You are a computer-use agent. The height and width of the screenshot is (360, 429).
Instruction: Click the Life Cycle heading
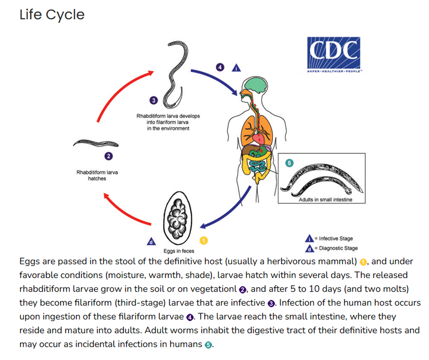coord(52,15)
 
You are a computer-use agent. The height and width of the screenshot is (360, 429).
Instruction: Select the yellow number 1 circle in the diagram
coord(203,240)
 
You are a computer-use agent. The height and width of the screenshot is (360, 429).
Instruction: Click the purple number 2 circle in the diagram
coord(108,156)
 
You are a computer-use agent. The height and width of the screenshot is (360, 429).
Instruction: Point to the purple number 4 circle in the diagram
coord(220,67)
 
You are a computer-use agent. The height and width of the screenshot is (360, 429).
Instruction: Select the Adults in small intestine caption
coord(325,199)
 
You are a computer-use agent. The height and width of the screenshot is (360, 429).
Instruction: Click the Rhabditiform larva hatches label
coord(97,176)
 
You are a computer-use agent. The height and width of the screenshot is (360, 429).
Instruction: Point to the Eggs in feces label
coord(179,251)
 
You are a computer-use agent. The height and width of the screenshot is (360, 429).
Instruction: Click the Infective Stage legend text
coord(335,238)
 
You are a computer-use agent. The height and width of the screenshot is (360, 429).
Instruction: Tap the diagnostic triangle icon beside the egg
coord(151,242)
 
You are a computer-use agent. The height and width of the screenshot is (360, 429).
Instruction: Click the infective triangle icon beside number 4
coord(237,68)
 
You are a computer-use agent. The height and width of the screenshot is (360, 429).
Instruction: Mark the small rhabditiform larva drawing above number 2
coord(96,143)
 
